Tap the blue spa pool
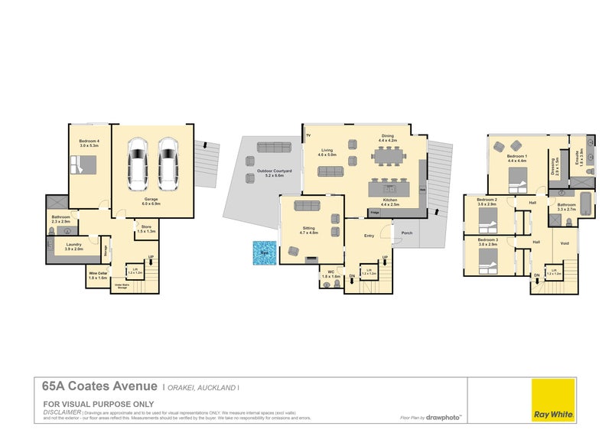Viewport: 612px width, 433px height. (x=265, y=253)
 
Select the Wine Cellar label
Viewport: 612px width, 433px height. (x=97, y=275)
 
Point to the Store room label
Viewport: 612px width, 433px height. (x=145, y=228)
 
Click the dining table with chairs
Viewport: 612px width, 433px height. (x=389, y=158)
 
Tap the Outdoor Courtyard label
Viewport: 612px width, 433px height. (x=269, y=173)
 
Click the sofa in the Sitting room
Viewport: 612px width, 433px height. (x=306, y=205)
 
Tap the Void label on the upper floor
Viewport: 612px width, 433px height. (x=565, y=244)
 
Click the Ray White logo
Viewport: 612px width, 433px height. (x=553, y=399)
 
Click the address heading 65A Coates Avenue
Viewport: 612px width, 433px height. (x=100, y=386)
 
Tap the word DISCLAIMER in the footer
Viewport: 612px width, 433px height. (x=62, y=412)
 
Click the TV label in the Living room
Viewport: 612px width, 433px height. (x=309, y=135)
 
